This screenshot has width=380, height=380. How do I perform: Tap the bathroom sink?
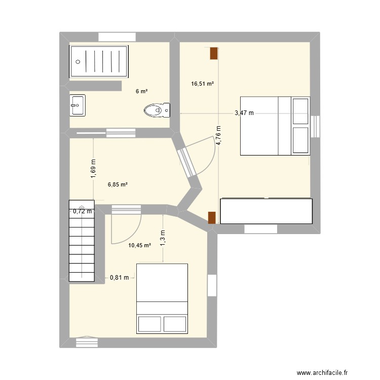78,105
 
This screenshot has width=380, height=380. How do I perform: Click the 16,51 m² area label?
202,84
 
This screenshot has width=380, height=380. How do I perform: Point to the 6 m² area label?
141,92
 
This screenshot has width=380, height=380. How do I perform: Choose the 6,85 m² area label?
118,185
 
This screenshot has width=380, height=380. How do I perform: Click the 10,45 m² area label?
140,245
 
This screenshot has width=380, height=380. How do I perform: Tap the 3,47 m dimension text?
244,113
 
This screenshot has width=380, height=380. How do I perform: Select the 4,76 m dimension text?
219,136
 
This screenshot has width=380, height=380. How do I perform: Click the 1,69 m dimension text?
93,168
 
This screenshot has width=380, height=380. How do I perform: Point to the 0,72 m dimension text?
83,211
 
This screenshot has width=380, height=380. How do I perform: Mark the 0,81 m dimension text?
120,278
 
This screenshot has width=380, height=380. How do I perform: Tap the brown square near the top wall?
214,53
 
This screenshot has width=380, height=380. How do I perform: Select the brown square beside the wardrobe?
212,217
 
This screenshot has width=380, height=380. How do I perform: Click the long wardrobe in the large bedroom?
266,211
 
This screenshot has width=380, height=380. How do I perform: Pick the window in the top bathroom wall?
117,36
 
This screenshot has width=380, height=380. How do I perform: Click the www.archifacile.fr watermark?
325,372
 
